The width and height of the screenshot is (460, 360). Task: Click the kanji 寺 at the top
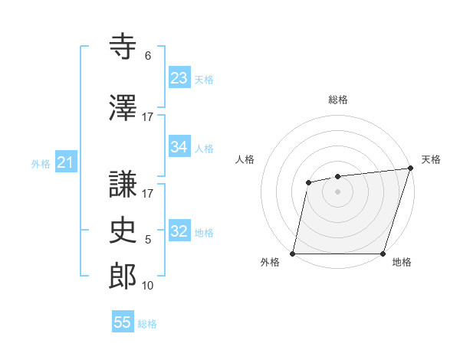(x=123, y=47)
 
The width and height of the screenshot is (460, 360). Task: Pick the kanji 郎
(x=123, y=277)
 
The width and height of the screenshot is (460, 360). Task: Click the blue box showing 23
(x=179, y=78)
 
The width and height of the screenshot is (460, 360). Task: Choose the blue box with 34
(x=179, y=147)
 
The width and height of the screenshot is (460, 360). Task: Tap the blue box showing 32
(x=179, y=232)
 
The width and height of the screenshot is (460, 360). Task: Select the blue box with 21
(x=65, y=162)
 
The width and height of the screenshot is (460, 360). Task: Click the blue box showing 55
(x=123, y=322)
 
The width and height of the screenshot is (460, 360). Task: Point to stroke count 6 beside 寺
(x=148, y=55)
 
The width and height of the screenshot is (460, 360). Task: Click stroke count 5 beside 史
(x=148, y=240)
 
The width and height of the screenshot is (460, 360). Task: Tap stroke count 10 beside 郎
(x=148, y=286)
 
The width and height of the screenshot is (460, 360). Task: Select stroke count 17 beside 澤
(x=148, y=116)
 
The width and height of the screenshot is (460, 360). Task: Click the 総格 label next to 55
(x=147, y=324)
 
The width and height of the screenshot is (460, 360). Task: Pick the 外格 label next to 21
(x=41, y=163)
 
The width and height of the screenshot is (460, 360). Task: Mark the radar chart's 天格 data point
(x=410, y=169)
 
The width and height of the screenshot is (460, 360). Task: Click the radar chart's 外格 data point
(x=293, y=254)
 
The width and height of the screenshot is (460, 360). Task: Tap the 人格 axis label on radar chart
(x=245, y=159)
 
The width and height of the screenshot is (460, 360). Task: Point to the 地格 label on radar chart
(x=402, y=263)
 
